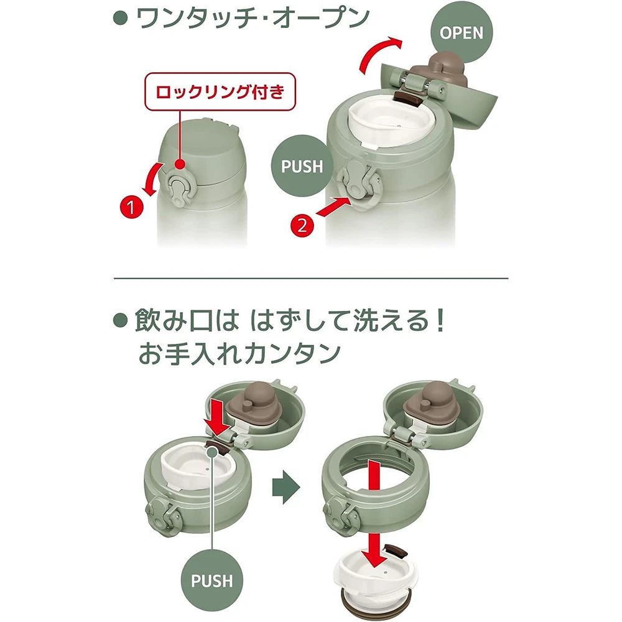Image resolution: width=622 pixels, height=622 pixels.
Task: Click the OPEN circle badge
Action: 462,32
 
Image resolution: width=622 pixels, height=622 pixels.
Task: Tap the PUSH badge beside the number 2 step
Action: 302,166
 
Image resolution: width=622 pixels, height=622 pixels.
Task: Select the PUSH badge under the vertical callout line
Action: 212,581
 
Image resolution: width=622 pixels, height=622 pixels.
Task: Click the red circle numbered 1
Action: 131,207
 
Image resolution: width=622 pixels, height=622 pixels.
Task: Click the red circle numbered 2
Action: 302,226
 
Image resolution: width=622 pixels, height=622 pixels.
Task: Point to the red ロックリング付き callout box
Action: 220,91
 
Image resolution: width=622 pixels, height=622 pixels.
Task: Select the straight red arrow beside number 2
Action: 334,208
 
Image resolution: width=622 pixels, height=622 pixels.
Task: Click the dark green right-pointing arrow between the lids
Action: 286,487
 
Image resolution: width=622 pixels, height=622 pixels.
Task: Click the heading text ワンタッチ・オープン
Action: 253,18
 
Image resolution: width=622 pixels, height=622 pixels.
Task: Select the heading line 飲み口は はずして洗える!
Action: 289,320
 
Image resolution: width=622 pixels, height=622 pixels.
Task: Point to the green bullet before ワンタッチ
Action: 120,18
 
